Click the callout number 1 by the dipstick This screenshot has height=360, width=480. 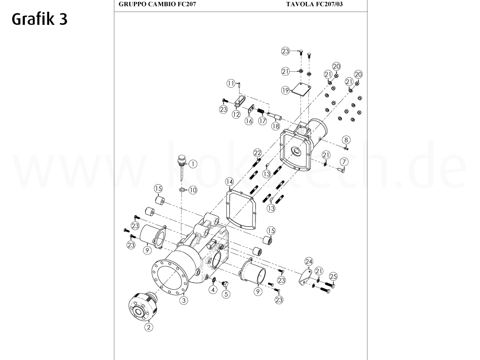tap(193, 164)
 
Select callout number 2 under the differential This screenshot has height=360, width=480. tap(149, 327)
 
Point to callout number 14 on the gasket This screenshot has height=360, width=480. tap(229, 181)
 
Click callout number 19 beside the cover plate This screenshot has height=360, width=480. tap(285, 90)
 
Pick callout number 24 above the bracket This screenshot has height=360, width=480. tap(308, 262)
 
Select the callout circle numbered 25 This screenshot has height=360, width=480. tap(333, 276)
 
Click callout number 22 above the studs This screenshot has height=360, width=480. tap(257, 153)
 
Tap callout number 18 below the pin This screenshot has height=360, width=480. tap(276, 126)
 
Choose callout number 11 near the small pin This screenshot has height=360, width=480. tap(231, 83)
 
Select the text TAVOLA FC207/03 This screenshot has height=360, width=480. tap(317, 4)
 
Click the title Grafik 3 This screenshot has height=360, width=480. tap(39, 19)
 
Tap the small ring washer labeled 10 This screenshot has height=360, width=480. tap(182, 190)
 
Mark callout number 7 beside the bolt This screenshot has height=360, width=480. tap(344, 162)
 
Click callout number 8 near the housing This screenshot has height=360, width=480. tap(346, 140)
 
